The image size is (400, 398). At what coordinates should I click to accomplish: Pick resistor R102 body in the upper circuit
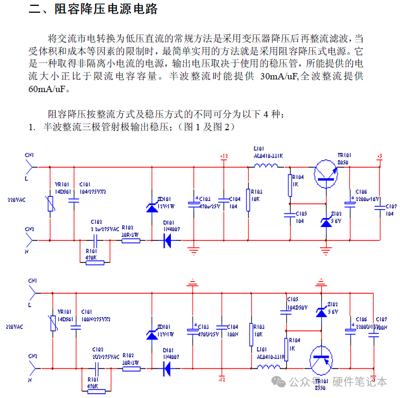pyautogui.click(x=131, y=241)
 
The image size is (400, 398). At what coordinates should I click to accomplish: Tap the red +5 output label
pyautogui.click(x=379, y=156)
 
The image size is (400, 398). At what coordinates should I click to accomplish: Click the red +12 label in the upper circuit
pyautogui.click(x=223, y=156)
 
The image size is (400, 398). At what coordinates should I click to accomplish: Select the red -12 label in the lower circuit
pyautogui.click(x=223, y=379)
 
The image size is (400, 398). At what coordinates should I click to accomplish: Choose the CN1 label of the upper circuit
pyautogui.click(x=29, y=155)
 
